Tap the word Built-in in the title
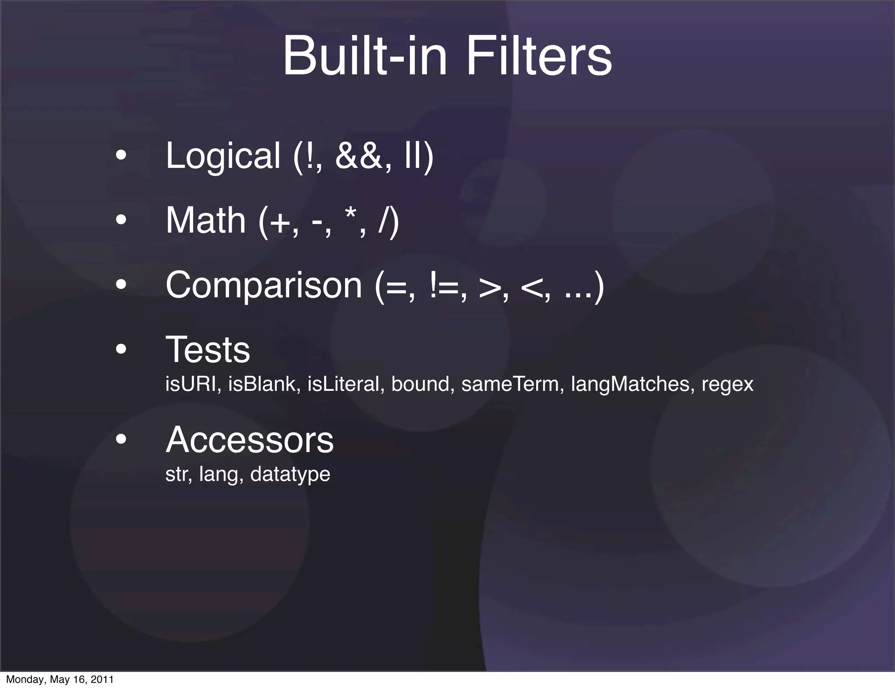(365, 57)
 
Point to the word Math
(205, 220)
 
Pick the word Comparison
(264, 285)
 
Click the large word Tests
(208, 349)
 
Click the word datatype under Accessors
(290, 475)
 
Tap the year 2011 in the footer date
(102, 679)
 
